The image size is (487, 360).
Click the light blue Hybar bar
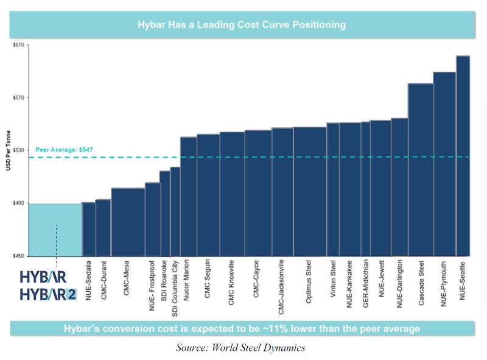[x=55, y=230]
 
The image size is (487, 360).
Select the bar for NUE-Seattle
[x=463, y=156]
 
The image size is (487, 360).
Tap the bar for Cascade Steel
[x=421, y=170]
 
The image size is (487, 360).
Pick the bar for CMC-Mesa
[x=128, y=222]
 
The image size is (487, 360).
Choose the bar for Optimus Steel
[x=310, y=191]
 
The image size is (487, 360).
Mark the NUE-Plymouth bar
[x=444, y=164]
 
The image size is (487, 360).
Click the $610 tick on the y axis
[x=18, y=45]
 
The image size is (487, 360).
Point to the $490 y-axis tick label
[x=18, y=203]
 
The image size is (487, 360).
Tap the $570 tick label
[x=18, y=97]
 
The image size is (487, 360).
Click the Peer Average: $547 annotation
[x=65, y=149]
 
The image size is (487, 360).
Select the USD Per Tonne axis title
[x=8, y=150]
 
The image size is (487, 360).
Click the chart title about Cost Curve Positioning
[x=242, y=24]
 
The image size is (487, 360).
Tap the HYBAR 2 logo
[x=48, y=294]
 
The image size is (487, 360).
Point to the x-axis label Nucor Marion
[x=186, y=280]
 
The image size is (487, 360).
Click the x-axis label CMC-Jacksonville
[x=281, y=287]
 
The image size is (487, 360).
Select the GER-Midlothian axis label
[x=366, y=283]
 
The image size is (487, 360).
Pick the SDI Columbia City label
[x=175, y=289]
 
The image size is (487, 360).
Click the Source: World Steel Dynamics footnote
[x=240, y=348]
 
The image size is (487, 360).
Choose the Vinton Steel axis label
[x=333, y=278]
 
